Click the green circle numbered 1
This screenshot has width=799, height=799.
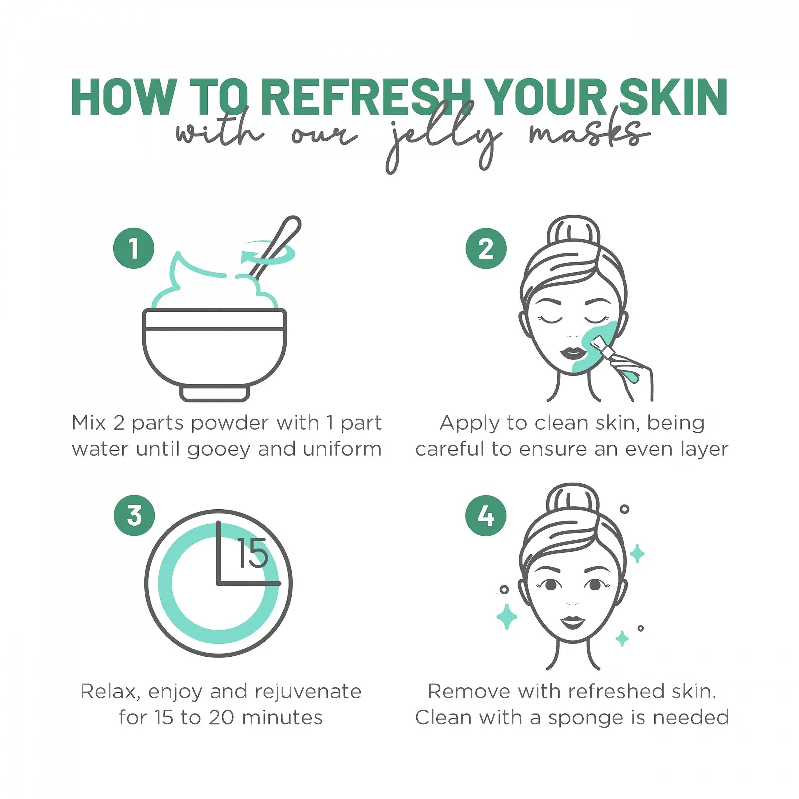pos(133,248)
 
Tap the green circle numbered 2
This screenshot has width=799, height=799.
pos(486,248)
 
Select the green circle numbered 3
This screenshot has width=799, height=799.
pos(134,515)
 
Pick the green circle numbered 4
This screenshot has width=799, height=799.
pos(486,515)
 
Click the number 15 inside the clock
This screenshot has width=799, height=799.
pos(253,554)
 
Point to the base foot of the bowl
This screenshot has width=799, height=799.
pos(214,393)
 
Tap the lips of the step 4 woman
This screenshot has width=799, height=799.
pos(573,622)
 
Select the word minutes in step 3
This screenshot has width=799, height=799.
pos(282,718)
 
